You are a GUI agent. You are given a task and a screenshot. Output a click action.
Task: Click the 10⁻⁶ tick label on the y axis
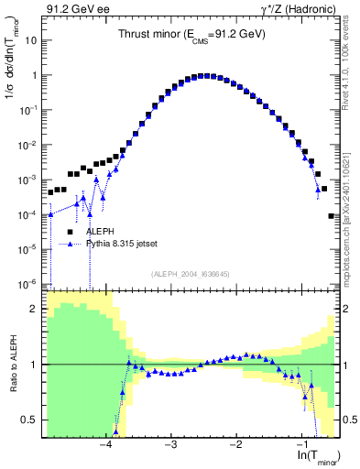[29, 283]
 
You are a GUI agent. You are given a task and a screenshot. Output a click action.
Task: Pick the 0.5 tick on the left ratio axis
[31, 420]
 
